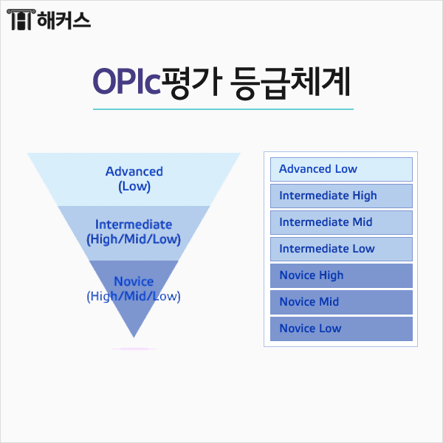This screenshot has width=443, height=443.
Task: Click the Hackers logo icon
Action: point(21,21)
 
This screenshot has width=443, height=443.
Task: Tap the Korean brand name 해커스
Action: point(63,21)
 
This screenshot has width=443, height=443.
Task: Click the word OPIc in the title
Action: point(126,80)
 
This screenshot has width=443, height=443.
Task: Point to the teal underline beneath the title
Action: point(223,109)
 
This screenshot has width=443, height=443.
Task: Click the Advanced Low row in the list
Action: point(340,169)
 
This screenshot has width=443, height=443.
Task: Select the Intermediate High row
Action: point(340,196)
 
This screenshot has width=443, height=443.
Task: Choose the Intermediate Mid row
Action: point(340,222)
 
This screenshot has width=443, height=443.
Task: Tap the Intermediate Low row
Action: point(340,249)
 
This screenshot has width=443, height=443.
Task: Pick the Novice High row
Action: point(340,275)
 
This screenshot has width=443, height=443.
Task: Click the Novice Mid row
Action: point(340,302)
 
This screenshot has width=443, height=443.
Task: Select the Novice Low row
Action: point(340,329)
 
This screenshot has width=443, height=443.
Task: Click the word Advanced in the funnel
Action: point(134,171)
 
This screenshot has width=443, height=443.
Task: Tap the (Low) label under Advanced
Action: point(134,187)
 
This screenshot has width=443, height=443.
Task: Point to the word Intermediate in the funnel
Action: point(134,224)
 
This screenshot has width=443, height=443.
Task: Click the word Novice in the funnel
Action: point(134,281)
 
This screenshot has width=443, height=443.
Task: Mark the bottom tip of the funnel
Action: point(134,337)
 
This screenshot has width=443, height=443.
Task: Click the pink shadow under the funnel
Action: point(134,348)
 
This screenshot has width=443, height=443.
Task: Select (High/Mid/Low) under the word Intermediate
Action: point(134,239)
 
